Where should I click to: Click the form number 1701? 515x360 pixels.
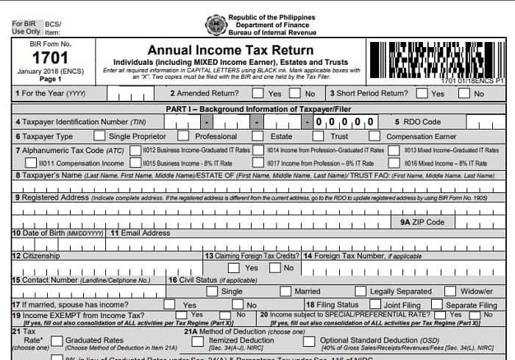pyautogui.click(x=34, y=60)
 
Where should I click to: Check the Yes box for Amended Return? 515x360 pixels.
pyautogui.click(x=257, y=93)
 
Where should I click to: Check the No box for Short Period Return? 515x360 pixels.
pyautogui.click(x=464, y=93)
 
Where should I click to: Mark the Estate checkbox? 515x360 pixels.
pyautogui.click(x=257, y=136)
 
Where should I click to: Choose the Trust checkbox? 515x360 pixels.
pyautogui.click(x=318, y=136)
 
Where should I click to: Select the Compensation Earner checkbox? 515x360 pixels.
pyautogui.click(x=374, y=136)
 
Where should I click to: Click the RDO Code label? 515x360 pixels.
pyautogui.click(x=418, y=121)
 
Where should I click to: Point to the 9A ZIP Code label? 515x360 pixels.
pyautogui.click(x=422, y=222)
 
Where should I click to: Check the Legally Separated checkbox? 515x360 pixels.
pyautogui.click(x=360, y=292)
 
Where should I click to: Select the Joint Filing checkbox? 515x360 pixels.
pyautogui.click(x=375, y=304)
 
